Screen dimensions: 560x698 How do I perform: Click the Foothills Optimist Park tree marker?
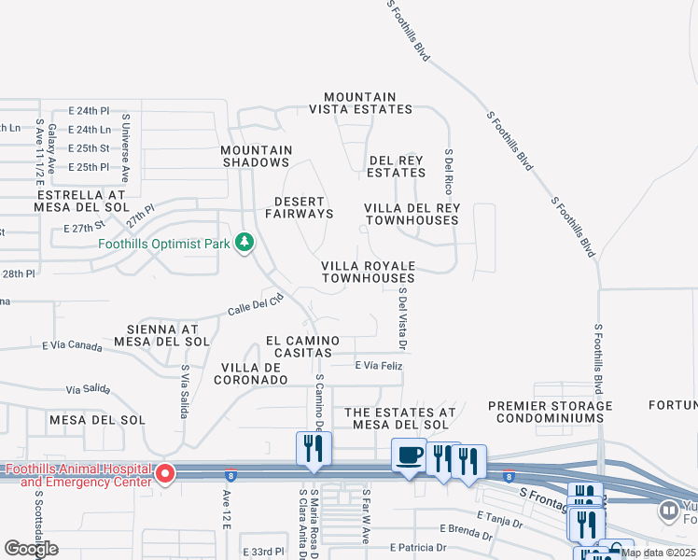pyautogui.click(x=244, y=244)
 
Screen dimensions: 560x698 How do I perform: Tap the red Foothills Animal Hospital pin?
pyautogui.click(x=165, y=474)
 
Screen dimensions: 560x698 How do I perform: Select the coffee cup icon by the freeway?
pyautogui.click(x=409, y=455)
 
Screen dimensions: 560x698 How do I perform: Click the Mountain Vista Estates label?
pyautogui.click(x=360, y=103)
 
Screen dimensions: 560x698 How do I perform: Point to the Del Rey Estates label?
pyautogui.click(x=396, y=166)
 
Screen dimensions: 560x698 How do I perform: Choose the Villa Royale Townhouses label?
pyautogui.click(x=368, y=272)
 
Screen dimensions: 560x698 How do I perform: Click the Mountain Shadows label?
pyautogui.click(x=257, y=156)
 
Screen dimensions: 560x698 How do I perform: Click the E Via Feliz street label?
pyautogui.click(x=377, y=365)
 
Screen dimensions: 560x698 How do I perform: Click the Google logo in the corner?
pyautogui.click(x=31, y=549)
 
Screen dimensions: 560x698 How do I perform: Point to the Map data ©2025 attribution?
pyautogui.click(x=659, y=553)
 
